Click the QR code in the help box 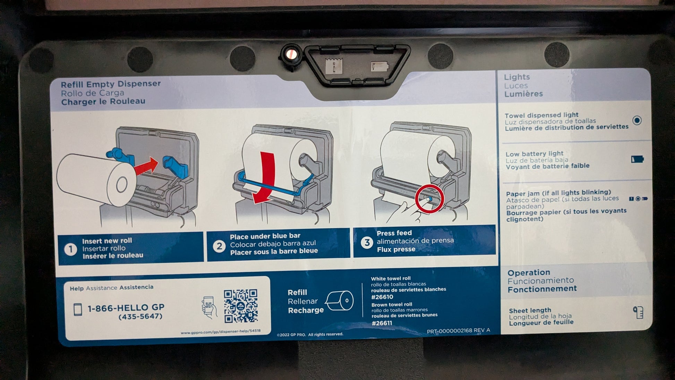[x=241, y=306]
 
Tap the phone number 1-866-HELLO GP [x=126, y=308]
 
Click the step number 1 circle [x=71, y=249]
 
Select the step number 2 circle [x=219, y=246]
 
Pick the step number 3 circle [x=367, y=242]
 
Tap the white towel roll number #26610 [x=382, y=297]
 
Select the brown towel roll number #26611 [x=382, y=323]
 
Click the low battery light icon [x=637, y=159]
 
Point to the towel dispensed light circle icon [x=637, y=120]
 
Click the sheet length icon [x=638, y=312]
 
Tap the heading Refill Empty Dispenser [x=111, y=84]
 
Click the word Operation [x=529, y=272]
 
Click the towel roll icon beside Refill [x=339, y=301]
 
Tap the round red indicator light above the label [x=291, y=54]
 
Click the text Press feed [x=394, y=233]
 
